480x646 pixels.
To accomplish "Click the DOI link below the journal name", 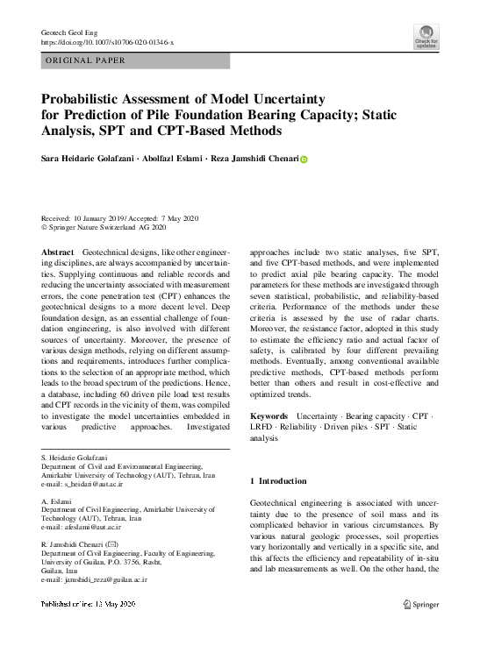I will tap(108, 42).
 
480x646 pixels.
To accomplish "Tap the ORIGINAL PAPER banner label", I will tap(84, 60).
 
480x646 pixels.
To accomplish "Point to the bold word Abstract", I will tap(58, 252).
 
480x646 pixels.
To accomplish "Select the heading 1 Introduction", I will tap(279, 481).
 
